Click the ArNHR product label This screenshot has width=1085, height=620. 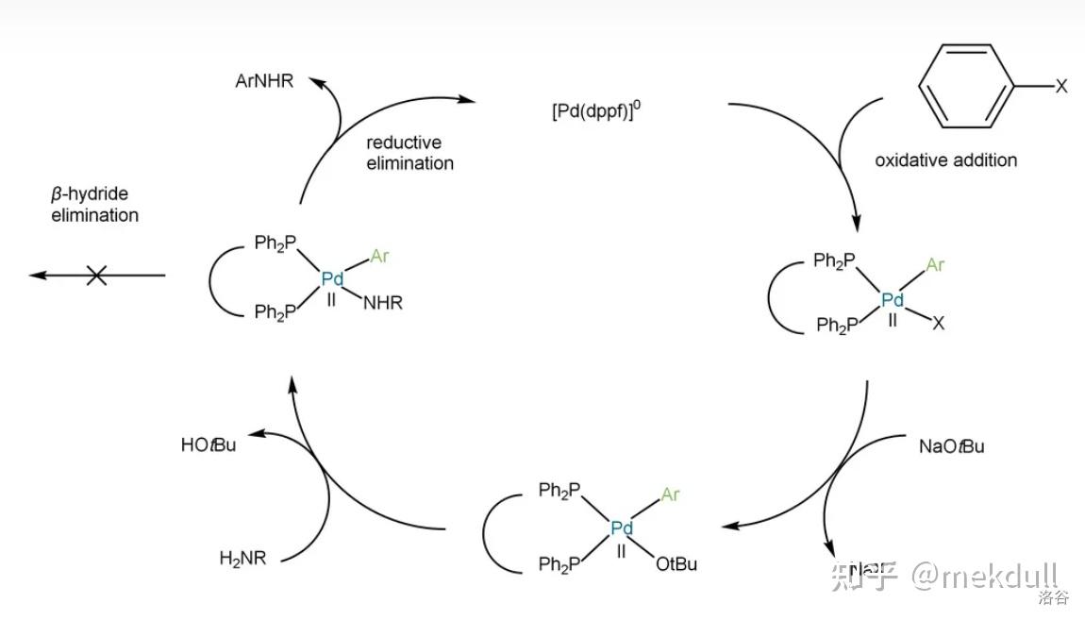point(264,81)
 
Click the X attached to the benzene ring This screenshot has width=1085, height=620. point(1060,87)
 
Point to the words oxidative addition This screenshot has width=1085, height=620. point(945,160)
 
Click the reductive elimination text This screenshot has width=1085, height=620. point(409,153)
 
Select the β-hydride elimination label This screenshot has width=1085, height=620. point(94,205)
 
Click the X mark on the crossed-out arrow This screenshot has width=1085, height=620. point(96,276)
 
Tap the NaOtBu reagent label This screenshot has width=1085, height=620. point(951,446)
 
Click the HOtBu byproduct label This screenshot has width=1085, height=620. point(209,444)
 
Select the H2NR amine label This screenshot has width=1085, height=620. point(242,559)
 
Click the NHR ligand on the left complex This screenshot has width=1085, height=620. point(382,303)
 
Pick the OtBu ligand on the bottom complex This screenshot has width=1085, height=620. point(676,564)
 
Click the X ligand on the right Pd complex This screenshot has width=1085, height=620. point(938,324)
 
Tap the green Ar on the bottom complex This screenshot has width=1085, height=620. point(670,494)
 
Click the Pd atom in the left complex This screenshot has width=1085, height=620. point(332,279)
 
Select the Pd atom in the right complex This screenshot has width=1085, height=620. point(892,300)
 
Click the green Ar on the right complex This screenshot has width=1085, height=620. point(934,265)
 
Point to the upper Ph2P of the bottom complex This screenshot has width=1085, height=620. point(559,491)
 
